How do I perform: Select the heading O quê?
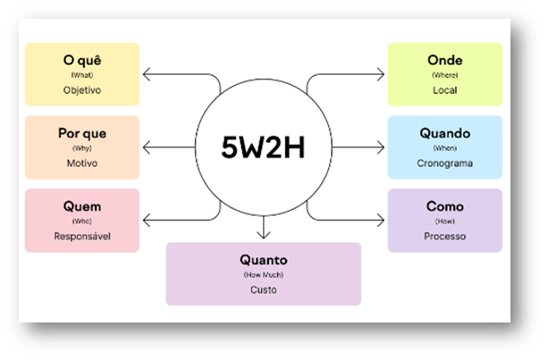(x=82, y=60)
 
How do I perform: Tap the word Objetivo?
(x=82, y=90)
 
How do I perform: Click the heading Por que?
(x=82, y=133)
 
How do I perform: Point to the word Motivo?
(x=82, y=163)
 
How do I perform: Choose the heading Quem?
(x=82, y=206)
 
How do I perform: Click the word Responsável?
(x=82, y=237)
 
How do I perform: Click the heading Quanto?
(x=263, y=260)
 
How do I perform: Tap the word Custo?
(x=263, y=289)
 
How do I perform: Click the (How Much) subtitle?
(x=263, y=274)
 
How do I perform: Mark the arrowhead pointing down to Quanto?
(x=263, y=236)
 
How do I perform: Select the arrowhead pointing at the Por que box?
(x=146, y=147)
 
